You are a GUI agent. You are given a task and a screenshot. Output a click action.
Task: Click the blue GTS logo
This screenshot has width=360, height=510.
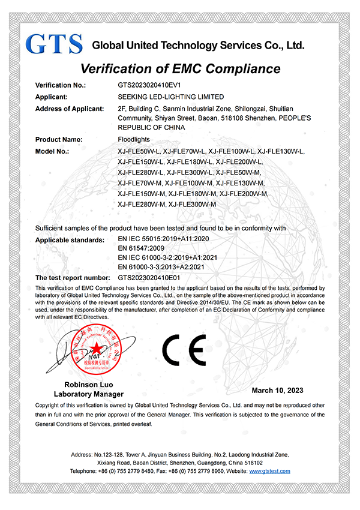(54, 43)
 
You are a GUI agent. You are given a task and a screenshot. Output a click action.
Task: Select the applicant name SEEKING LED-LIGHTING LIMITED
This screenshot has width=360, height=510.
(171, 97)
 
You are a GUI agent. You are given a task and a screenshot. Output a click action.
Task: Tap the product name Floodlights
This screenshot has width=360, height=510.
(134, 140)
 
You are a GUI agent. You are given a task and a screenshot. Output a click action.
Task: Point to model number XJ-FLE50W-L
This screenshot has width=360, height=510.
(139, 151)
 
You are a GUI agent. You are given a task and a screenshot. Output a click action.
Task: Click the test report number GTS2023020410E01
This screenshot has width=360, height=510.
(149, 278)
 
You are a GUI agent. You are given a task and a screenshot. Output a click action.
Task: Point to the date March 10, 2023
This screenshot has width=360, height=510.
(277, 391)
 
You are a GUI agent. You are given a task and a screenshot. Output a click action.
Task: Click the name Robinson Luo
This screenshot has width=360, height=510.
(89, 385)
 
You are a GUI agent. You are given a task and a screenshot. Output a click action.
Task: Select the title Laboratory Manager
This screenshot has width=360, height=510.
(89, 394)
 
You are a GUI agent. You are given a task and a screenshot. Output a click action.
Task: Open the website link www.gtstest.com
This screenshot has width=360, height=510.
(269, 471)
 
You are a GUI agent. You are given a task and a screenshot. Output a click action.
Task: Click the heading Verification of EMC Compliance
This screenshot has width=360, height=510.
(180, 68)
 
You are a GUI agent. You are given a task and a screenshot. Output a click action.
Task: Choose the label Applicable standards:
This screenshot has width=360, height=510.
(70, 239)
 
